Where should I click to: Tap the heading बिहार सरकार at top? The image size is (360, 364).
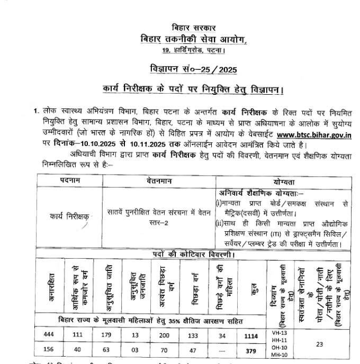pos(193,28)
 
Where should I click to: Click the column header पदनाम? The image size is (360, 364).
pos(70,181)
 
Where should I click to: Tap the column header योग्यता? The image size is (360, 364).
pos(284,181)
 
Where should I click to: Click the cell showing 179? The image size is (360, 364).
pos(107,335)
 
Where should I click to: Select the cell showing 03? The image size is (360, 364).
pos(136,350)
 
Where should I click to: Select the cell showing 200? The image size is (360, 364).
pos(164,335)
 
